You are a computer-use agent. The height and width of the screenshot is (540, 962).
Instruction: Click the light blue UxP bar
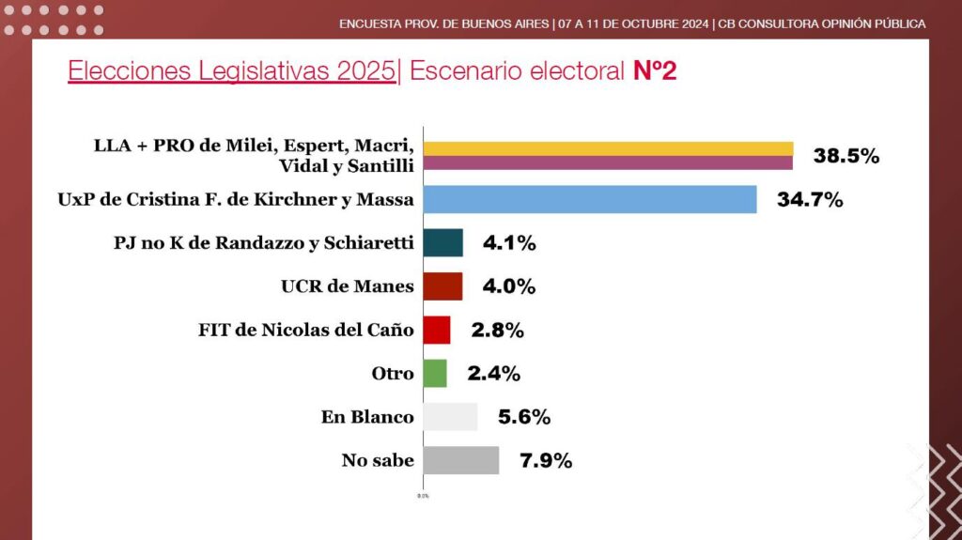[x=590, y=199]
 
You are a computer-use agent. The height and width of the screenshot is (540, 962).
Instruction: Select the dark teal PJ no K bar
[x=443, y=242]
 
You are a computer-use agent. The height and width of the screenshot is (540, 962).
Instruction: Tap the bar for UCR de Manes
[x=443, y=285]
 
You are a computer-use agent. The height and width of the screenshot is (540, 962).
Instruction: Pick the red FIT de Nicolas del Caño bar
[x=437, y=330]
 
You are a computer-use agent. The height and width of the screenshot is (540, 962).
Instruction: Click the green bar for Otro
[x=435, y=373]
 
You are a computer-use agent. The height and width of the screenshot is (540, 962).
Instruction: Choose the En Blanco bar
[x=450, y=417]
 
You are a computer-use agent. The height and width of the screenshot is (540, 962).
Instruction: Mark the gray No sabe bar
[x=460, y=460]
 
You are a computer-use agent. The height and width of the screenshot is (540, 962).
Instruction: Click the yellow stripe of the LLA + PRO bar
[x=608, y=148]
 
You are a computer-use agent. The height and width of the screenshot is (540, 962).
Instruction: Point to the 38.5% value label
[x=846, y=156]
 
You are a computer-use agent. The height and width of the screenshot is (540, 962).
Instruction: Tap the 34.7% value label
[x=810, y=199]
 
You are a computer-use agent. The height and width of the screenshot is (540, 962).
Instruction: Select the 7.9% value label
[x=546, y=460]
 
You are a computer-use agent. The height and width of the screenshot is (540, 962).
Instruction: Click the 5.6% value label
[x=524, y=417]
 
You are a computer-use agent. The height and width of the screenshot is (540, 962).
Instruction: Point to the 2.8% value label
[x=498, y=331]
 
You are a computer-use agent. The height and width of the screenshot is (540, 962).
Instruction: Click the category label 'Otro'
[x=393, y=373]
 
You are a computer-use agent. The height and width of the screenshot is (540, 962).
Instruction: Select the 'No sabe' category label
[x=378, y=460]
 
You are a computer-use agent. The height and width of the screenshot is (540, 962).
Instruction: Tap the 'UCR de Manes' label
[x=348, y=285]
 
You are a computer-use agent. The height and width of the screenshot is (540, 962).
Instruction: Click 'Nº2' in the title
[x=655, y=70]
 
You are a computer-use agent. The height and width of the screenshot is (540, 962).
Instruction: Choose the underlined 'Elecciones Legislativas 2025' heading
[x=232, y=71]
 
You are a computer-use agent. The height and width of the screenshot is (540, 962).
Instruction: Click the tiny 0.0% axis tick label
[x=424, y=496]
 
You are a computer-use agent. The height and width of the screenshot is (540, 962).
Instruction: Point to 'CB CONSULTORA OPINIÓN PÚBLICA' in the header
[x=821, y=23]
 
